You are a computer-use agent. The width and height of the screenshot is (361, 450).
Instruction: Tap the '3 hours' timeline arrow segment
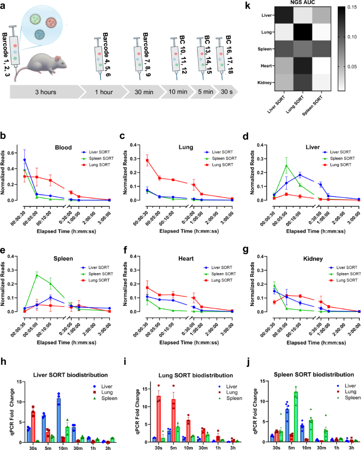45,91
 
